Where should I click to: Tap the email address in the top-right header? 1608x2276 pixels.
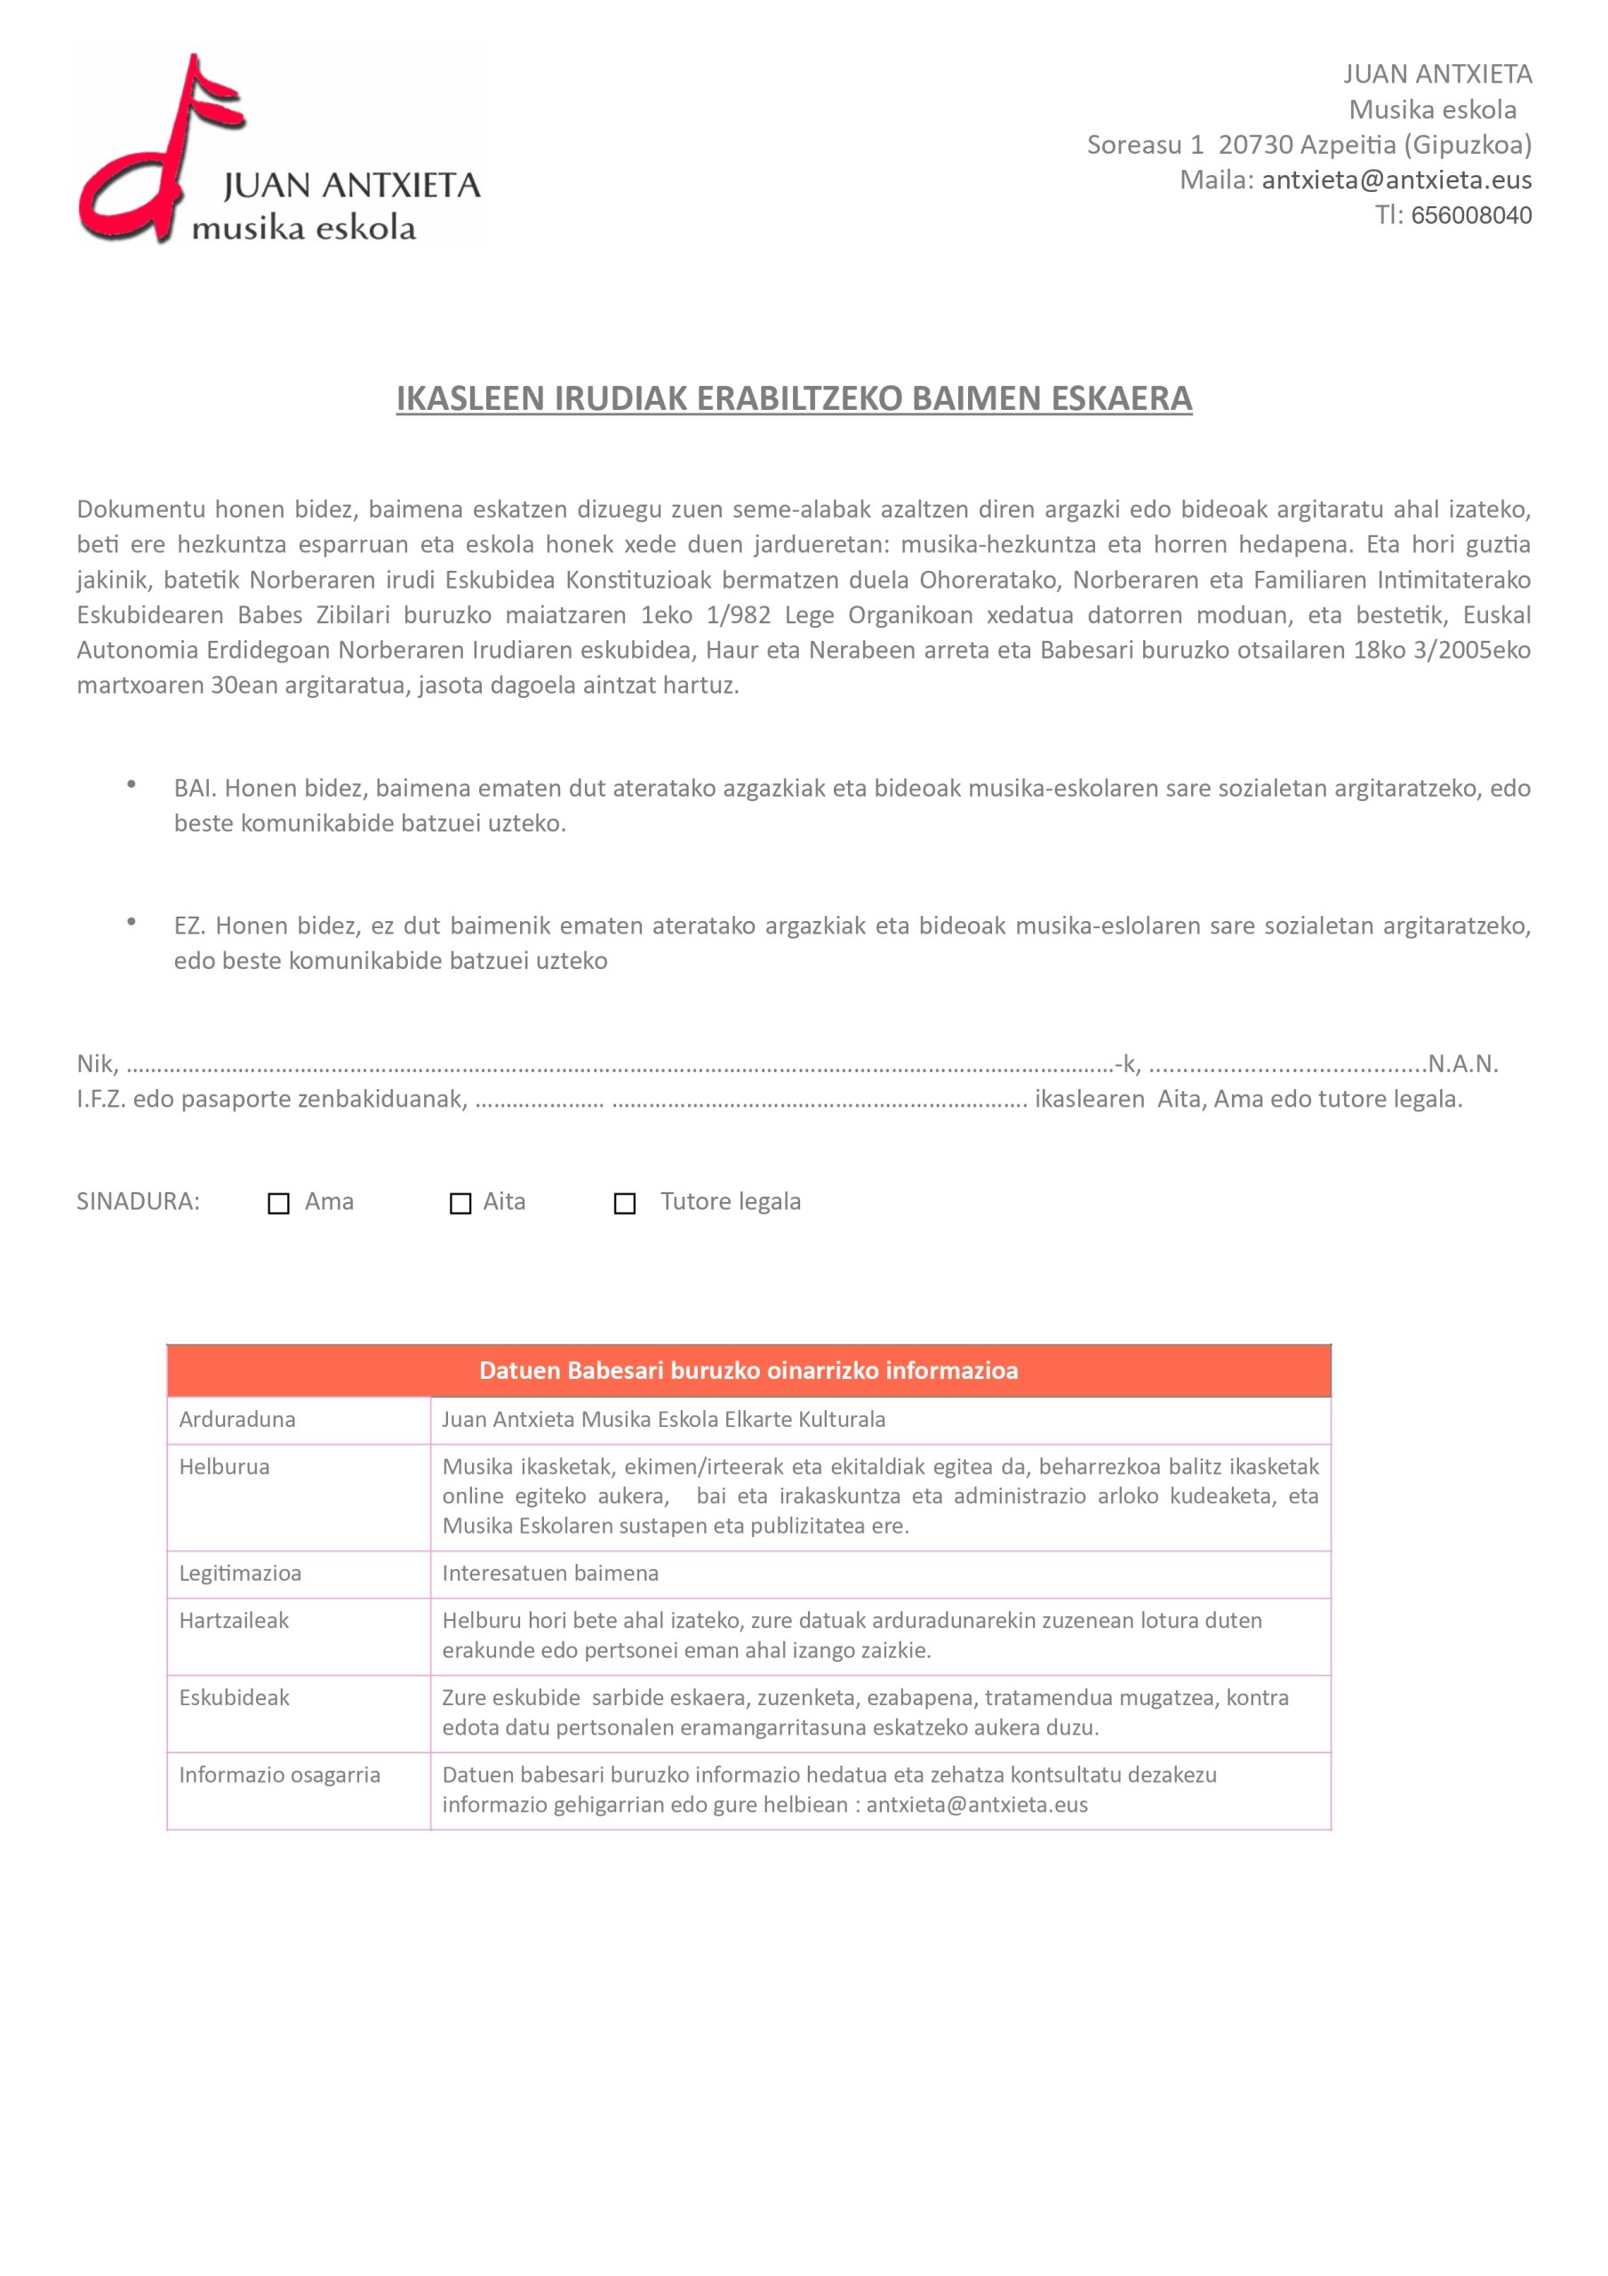[1396, 180]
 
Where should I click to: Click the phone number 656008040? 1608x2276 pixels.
[1470, 215]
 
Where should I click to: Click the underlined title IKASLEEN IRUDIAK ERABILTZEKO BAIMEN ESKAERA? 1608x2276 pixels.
[793, 398]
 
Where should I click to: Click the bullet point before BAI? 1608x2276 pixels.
[131, 784]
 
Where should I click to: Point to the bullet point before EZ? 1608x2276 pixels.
[131, 922]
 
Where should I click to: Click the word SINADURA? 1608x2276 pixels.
[138, 1201]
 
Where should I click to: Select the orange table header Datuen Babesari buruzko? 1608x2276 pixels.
[748, 1370]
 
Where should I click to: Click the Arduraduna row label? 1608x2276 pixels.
[237, 1419]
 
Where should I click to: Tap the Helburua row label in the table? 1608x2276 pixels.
[224, 1466]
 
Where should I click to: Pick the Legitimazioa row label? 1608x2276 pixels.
[240, 1573]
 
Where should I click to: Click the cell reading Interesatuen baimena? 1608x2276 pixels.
[550, 1573]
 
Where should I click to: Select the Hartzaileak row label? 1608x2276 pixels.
[234, 1621]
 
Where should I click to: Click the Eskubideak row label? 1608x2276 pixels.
[234, 1698]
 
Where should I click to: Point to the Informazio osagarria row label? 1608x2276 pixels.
[280, 1775]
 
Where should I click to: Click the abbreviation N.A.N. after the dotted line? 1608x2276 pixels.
[1462, 1063]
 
